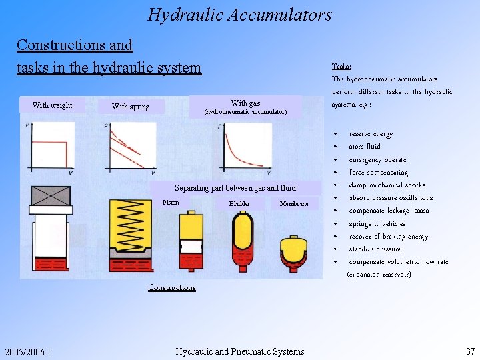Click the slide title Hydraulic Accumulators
tap(239, 14)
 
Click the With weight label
tap(52, 105)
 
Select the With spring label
tap(131, 107)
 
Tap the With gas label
tap(245, 103)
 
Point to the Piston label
tap(171, 203)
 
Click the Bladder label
tap(239, 204)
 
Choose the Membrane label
tap(294, 204)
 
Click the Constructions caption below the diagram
tap(172, 287)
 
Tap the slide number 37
tap(470, 351)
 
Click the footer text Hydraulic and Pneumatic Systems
tap(239, 351)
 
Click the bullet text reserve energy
tap(371, 134)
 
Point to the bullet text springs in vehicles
tap(377, 224)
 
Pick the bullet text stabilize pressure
tap(375, 249)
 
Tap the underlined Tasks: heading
tap(341, 66)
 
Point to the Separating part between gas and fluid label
tap(235, 188)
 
